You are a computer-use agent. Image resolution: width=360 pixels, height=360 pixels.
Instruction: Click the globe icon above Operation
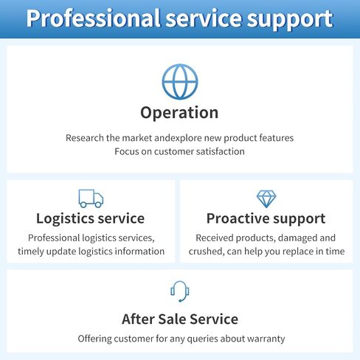(x=180, y=82)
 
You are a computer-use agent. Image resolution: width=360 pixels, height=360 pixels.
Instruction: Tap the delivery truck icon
(x=91, y=198)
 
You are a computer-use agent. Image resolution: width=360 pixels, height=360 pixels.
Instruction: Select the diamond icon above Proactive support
(x=266, y=198)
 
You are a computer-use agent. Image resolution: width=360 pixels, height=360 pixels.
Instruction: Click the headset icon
(x=180, y=291)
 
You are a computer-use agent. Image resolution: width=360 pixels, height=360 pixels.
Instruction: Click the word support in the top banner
(x=290, y=20)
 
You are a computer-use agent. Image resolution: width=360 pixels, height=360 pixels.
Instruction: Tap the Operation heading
(x=179, y=113)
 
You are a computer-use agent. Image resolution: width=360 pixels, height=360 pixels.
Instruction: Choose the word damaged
(x=297, y=238)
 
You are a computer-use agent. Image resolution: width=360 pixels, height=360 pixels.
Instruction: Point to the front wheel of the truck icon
(x=98, y=204)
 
